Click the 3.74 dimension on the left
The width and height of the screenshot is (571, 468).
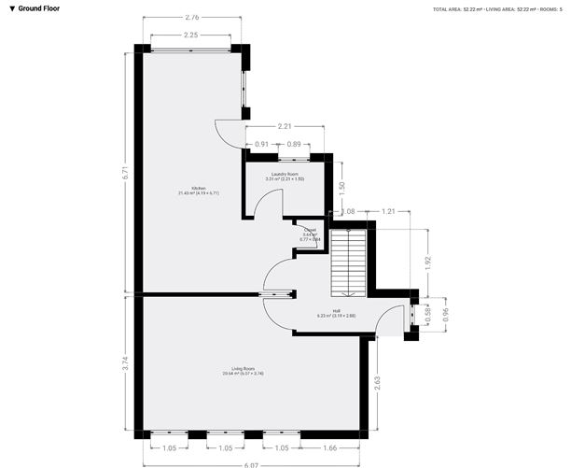124,364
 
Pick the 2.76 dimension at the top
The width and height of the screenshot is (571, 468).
191,17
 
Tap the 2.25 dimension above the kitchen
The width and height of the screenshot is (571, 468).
190,35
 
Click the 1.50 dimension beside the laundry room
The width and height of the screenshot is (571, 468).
342,186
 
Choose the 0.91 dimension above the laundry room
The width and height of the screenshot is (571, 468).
261,144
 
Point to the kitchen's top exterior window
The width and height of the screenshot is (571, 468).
190,49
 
